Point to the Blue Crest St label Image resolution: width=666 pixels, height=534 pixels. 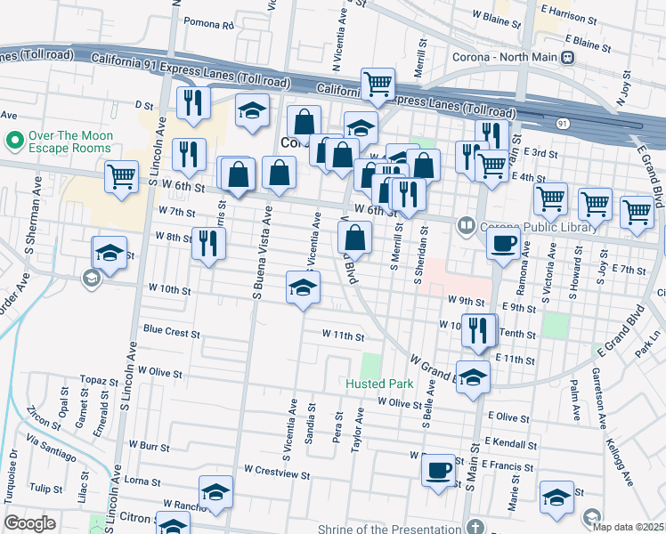[171, 331]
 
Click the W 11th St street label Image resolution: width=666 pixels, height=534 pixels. [343, 336]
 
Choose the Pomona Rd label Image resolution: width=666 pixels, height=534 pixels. [208, 23]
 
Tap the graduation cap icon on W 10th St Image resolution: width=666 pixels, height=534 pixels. [303, 288]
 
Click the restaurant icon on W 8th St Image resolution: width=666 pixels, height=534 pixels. [208, 244]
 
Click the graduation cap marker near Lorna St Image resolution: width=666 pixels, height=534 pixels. [215, 492]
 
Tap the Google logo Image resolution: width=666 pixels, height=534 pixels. [29, 523]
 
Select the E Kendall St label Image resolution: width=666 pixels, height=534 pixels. [513, 441]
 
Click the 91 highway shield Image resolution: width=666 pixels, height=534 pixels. [563, 124]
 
